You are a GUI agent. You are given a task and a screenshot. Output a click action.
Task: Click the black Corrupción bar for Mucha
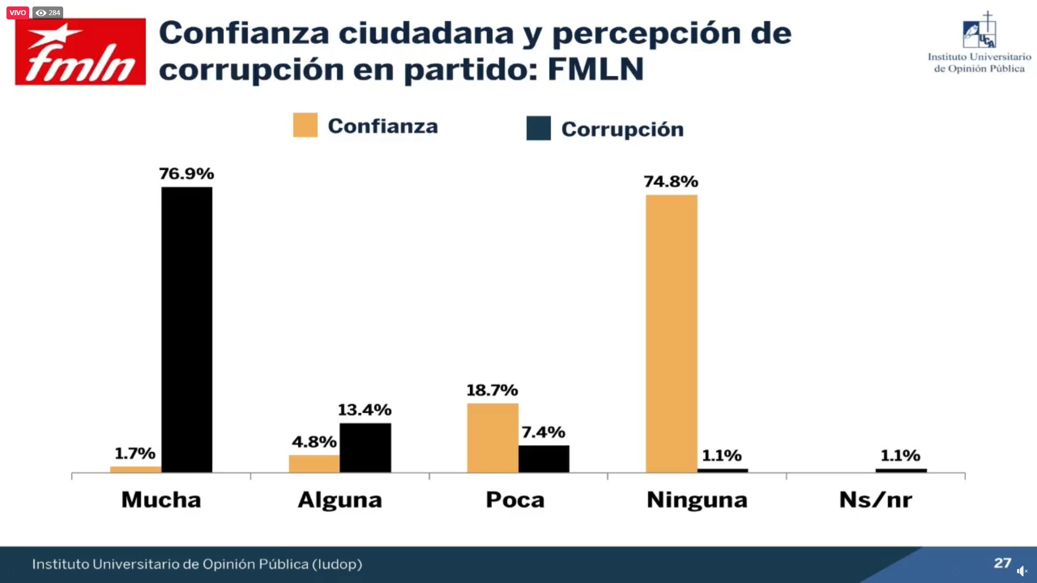pos(187,329)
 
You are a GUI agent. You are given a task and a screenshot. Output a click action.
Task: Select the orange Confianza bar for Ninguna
pos(671,334)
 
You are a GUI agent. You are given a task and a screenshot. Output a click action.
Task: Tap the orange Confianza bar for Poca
pos(493,438)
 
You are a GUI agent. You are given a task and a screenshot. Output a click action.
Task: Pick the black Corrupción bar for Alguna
pos(365,448)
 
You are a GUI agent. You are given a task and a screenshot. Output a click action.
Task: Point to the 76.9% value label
pos(186,174)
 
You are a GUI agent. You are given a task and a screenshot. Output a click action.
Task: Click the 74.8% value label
pos(671,182)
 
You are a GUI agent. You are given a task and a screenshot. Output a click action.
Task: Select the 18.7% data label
pos(492,390)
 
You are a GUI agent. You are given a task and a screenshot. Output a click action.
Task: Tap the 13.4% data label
pos(365,410)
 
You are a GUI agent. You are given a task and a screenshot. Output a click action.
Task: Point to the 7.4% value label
pos(543,432)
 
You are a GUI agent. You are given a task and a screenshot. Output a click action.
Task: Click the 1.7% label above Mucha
pos(135,453)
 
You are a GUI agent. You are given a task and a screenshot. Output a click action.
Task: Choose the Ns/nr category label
pos(876,500)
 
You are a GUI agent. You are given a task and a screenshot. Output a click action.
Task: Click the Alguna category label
pos(340,500)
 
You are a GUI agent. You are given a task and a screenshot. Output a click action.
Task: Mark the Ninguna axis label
pos(697,500)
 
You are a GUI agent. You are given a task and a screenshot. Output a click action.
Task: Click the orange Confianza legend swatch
pos(305,125)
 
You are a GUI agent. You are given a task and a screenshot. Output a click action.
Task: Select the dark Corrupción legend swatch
pos(538,128)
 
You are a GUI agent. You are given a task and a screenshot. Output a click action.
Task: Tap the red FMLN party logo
pos(80,52)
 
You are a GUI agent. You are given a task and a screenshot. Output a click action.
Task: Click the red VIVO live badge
pos(17,12)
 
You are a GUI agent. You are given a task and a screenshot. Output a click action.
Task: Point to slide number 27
pos(1002,563)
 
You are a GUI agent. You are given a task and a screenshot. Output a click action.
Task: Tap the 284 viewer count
pos(48,12)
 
